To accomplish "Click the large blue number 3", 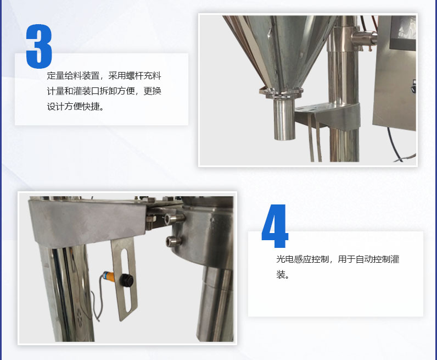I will tap(39, 46).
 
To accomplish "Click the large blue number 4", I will tap(274, 226).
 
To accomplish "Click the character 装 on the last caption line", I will tap(281, 274).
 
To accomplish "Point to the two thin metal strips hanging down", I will tap(314, 140).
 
